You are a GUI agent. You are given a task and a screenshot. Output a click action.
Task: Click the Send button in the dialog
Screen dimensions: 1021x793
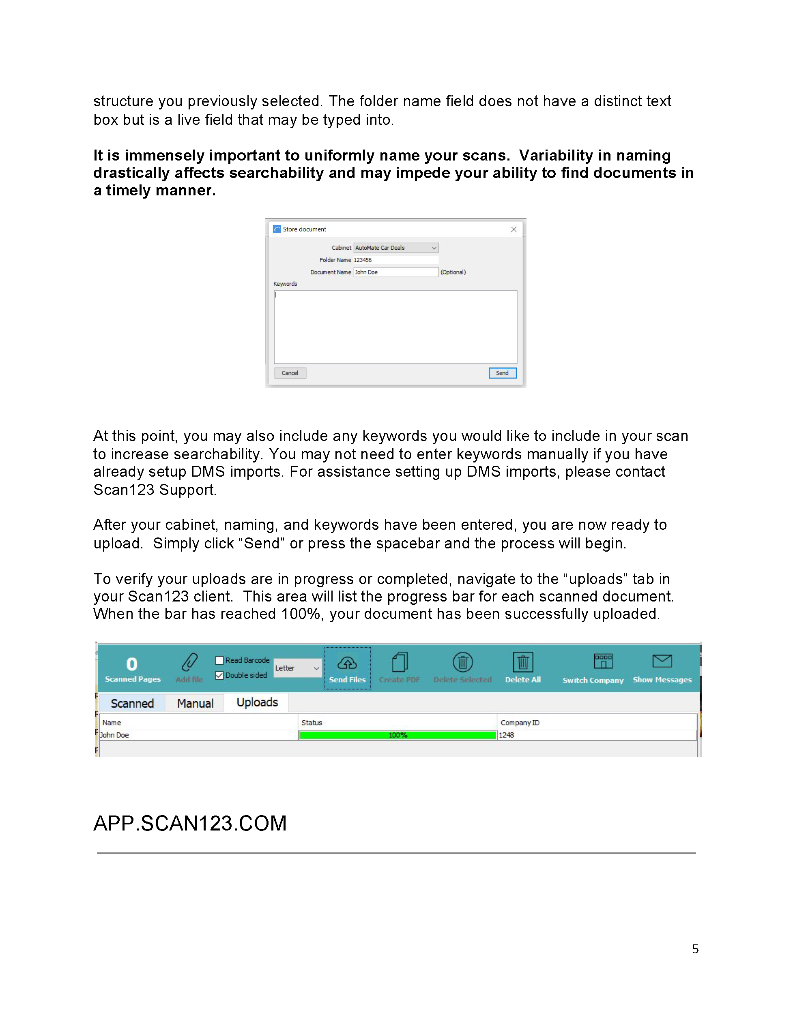pyautogui.click(x=502, y=373)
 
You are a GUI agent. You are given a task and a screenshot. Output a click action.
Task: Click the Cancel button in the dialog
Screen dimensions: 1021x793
pyautogui.click(x=290, y=373)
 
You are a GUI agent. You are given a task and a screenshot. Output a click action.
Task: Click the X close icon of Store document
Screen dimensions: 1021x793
pyautogui.click(x=513, y=229)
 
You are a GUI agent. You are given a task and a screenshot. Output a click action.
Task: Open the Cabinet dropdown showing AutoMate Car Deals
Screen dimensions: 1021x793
pyautogui.click(x=395, y=248)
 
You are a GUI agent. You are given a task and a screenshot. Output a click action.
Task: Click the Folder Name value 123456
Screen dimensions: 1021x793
pyautogui.click(x=363, y=260)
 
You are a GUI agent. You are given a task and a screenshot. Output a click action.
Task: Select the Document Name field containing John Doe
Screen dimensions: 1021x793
pyautogui.click(x=395, y=272)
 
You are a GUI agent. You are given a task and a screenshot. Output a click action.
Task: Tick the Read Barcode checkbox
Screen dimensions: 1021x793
pyautogui.click(x=219, y=661)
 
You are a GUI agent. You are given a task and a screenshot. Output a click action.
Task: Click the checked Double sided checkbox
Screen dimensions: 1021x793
pyautogui.click(x=219, y=676)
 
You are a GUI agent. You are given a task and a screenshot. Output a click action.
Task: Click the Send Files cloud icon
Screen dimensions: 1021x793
pyautogui.click(x=347, y=663)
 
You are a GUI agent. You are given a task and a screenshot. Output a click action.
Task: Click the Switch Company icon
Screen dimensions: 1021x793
pyautogui.click(x=603, y=662)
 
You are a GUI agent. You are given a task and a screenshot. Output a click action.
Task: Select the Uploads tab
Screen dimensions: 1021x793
pyautogui.click(x=257, y=703)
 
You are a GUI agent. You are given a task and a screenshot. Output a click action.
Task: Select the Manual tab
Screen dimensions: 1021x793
pyautogui.click(x=195, y=704)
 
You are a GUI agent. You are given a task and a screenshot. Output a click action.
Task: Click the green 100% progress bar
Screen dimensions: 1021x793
pyautogui.click(x=397, y=735)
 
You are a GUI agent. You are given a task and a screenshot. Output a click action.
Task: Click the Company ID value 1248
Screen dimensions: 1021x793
pyautogui.click(x=506, y=735)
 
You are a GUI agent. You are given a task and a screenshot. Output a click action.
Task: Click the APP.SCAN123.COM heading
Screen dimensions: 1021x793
pyautogui.click(x=190, y=824)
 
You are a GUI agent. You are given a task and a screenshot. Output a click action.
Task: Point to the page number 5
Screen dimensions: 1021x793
pyautogui.click(x=695, y=949)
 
